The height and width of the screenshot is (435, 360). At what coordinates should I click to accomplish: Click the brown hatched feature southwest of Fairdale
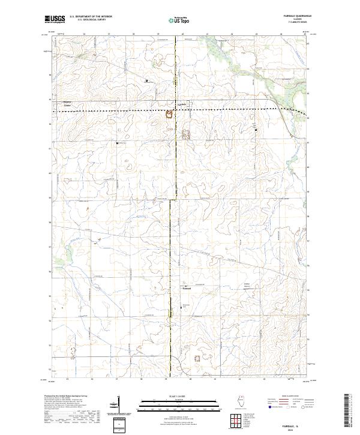169,113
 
